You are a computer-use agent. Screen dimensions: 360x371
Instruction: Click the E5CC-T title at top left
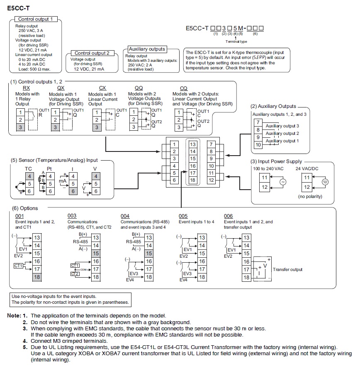(18, 8)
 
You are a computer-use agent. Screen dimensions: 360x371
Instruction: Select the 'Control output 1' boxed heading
(36, 19)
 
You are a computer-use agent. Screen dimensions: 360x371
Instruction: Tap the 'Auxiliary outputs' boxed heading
(147, 49)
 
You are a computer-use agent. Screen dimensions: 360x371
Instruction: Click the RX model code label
(26, 88)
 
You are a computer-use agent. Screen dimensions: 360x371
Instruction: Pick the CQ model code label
(184, 88)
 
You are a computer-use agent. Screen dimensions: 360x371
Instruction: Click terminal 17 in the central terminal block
(193, 173)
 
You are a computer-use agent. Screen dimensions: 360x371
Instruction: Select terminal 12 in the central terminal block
(211, 180)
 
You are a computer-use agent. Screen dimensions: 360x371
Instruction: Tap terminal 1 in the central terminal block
(174, 144)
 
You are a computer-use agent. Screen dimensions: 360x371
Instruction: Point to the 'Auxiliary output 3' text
(282, 126)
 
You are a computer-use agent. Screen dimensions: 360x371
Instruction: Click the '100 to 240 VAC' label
(268, 169)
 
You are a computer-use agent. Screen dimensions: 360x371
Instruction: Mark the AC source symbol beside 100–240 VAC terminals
(283, 182)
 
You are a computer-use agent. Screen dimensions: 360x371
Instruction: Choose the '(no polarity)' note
(310, 196)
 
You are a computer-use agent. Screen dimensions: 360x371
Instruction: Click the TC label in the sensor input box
(28, 169)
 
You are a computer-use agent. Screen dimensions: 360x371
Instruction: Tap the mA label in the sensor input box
(63, 181)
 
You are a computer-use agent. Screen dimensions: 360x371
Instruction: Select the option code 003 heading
(72, 216)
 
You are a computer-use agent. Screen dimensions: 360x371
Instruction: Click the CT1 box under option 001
(18, 266)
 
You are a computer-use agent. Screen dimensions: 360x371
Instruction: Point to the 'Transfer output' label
(287, 269)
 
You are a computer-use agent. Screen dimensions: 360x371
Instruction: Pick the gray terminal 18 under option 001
(37, 277)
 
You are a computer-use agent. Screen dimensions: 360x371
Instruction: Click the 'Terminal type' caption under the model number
(236, 41)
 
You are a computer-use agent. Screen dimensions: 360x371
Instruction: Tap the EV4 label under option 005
(183, 280)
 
